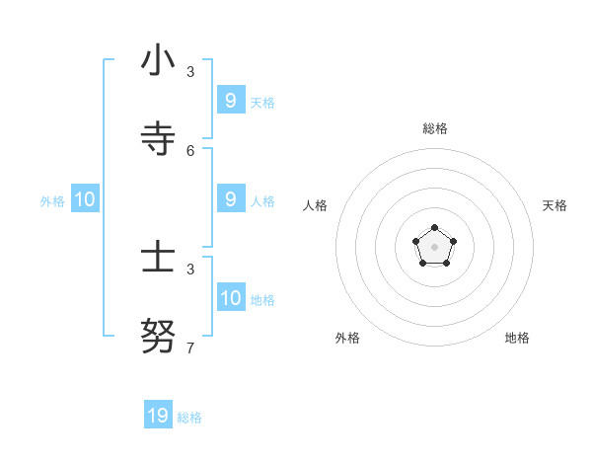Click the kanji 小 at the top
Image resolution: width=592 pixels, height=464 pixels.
tap(158, 61)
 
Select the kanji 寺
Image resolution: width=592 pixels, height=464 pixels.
tap(158, 139)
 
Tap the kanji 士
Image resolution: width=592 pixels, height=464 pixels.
tap(158, 259)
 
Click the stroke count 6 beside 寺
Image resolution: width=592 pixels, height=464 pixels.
tap(190, 150)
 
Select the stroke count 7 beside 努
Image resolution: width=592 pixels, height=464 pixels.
tap(190, 348)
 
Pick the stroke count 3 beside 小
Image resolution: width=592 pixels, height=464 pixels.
tap(190, 71)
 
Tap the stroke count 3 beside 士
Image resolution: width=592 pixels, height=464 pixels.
tap(190, 269)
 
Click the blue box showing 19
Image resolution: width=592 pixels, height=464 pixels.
tap(158, 416)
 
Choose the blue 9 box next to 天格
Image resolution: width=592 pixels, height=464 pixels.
tap(231, 100)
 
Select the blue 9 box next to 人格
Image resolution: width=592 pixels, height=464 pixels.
tap(231, 198)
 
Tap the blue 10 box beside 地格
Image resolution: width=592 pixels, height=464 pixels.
tap(231, 297)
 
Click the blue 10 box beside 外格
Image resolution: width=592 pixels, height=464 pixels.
tap(85, 199)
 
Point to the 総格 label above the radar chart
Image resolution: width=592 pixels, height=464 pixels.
tap(435, 128)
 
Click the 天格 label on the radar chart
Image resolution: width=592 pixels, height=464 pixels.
tap(555, 205)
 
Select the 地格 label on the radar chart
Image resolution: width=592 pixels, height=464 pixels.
tap(517, 338)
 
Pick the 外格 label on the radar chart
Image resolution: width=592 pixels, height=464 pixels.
tap(347, 338)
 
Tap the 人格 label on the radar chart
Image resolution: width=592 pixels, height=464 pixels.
tap(316, 205)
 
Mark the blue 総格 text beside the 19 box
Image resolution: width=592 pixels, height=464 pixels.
tap(189, 418)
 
